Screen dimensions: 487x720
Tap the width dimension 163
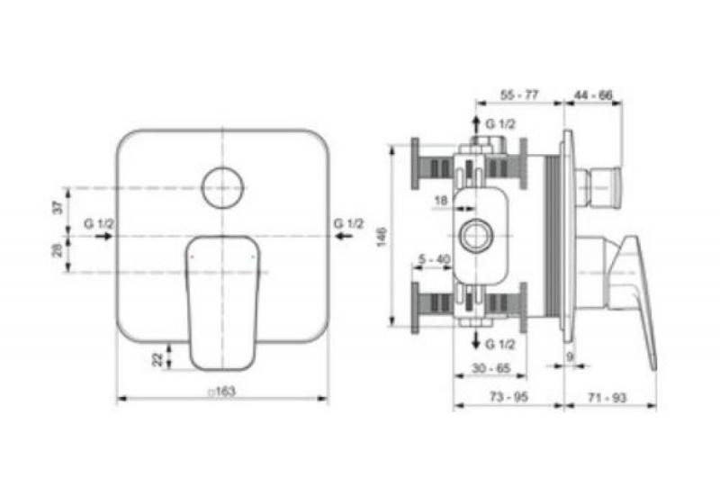coord(222,392)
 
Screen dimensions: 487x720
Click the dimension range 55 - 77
coord(519,95)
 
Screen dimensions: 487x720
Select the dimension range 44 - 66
coord(593,95)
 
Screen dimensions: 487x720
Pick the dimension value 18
coord(441,200)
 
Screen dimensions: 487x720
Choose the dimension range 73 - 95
coord(508,396)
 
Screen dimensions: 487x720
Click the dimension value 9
coord(571,356)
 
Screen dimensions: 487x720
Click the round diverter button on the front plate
coord(222,187)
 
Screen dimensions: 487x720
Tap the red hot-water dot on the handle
coord(191,257)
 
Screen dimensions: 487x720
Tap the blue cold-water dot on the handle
coord(255,257)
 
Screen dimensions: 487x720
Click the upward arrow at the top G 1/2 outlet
coord(477,123)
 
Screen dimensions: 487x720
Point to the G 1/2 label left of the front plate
coord(97,222)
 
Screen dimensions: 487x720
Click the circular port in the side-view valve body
coord(473,238)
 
